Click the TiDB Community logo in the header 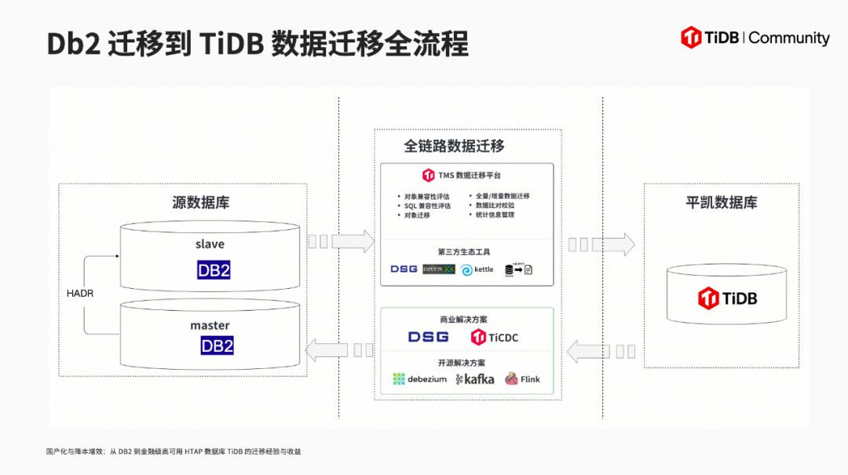click(755, 38)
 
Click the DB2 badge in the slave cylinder click(214, 271)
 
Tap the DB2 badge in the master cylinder click(217, 345)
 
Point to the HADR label click(81, 292)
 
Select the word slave click(210, 244)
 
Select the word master click(210, 325)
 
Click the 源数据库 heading click(201, 203)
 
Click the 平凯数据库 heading click(722, 203)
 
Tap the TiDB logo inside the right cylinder click(727, 298)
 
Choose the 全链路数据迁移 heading click(454, 146)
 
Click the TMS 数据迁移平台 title click(462, 175)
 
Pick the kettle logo click(477, 269)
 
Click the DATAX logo click(439, 269)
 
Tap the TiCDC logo click(495, 337)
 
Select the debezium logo click(420, 379)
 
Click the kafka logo click(475, 379)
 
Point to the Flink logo click(523, 379)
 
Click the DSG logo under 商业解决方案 click(428, 337)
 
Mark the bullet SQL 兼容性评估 click(428, 206)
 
